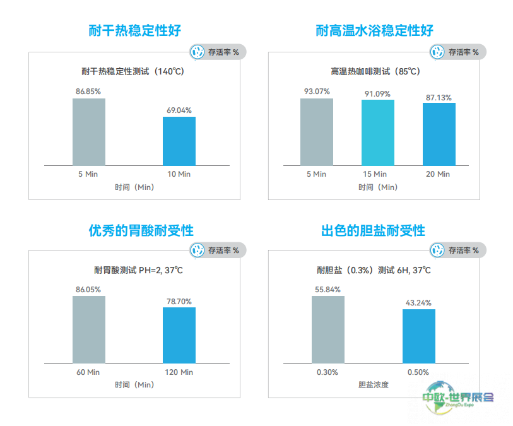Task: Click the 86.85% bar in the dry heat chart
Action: (x=89, y=131)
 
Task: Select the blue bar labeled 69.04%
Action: (x=179, y=141)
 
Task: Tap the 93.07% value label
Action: (x=317, y=92)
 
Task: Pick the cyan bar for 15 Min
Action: (x=378, y=133)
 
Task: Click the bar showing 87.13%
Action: (x=439, y=134)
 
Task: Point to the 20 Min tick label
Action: (x=439, y=174)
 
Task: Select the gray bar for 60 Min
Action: (x=89, y=329)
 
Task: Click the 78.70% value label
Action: (x=179, y=301)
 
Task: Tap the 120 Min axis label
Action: (x=179, y=372)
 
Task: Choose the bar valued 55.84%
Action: (x=328, y=329)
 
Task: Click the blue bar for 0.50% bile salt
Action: (x=419, y=336)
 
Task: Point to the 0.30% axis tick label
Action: (x=327, y=372)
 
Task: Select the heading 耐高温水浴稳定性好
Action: (x=375, y=30)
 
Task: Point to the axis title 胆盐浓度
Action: (x=374, y=384)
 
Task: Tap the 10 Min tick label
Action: (x=179, y=174)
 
